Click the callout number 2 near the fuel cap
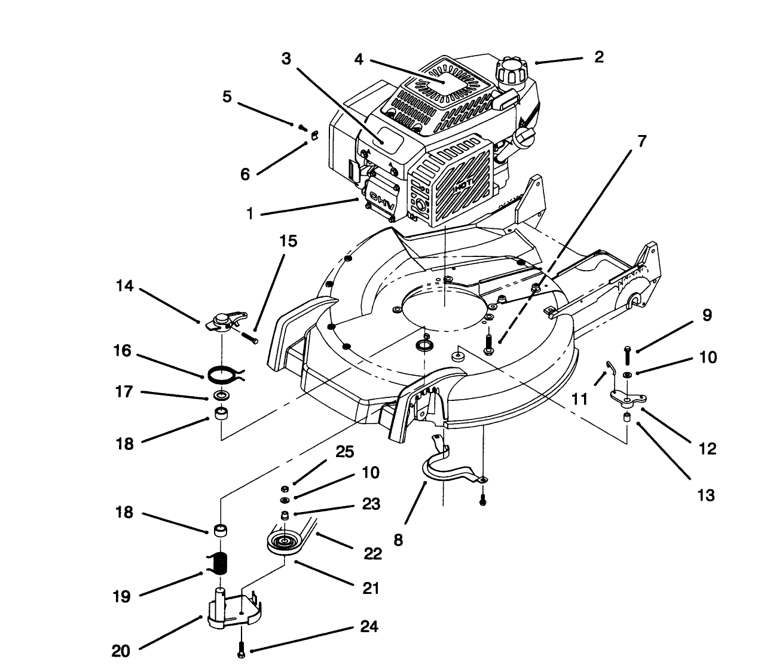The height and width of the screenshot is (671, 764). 599,57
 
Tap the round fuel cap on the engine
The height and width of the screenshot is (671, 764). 511,71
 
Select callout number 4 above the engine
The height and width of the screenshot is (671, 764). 359,60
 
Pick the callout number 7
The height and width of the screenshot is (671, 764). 641,141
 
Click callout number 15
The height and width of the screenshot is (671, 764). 288,241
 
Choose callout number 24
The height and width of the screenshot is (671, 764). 369,627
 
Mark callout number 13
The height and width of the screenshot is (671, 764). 706,495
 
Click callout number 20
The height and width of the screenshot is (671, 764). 122,651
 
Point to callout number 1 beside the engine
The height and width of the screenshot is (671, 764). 250,213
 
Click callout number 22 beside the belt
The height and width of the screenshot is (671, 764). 372,553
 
